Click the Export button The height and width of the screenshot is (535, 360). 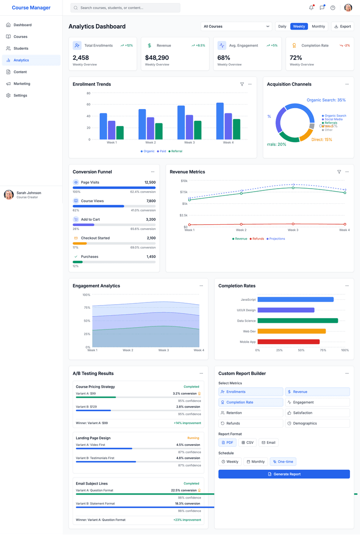point(342,27)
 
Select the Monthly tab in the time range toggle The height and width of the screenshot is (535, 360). point(318,27)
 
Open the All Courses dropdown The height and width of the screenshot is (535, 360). point(236,27)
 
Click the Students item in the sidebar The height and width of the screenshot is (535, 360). point(21,48)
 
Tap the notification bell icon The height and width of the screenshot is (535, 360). point(311,8)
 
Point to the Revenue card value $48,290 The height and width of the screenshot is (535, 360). point(157,57)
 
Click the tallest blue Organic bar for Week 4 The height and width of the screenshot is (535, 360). point(220,121)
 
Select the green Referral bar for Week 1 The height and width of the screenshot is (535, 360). point(120,133)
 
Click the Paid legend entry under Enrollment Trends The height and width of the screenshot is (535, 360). point(161,151)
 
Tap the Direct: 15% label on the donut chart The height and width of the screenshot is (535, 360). point(322,140)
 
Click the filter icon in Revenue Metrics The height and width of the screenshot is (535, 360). point(339,172)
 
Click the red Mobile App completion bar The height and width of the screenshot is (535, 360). point(288,342)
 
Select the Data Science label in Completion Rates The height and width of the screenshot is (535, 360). point(246,321)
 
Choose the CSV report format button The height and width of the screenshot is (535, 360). point(247,442)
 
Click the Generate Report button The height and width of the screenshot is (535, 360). point(284,474)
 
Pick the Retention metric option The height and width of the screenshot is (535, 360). point(250,413)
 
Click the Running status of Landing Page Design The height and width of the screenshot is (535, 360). point(193,438)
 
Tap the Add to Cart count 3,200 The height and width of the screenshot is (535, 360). point(150,219)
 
